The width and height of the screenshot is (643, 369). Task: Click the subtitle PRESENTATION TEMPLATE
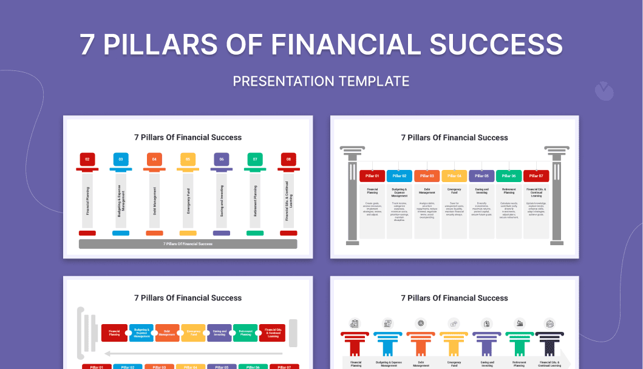point(321,81)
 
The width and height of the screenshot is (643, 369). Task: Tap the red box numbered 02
point(87,160)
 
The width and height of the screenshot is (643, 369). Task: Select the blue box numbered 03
point(121,160)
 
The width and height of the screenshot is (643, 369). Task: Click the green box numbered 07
point(255,160)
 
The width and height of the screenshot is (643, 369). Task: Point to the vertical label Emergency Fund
point(188,201)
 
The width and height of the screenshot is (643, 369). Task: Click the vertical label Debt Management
point(155,201)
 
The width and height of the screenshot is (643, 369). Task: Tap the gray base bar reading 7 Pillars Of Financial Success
point(188,244)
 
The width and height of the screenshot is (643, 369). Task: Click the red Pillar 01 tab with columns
point(372,176)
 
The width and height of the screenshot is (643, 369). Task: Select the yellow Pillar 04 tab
point(454,176)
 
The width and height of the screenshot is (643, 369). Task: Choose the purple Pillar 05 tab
point(481,176)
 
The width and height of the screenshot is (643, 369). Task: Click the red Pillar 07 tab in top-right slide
point(536,176)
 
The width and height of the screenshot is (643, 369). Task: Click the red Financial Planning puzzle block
point(114,333)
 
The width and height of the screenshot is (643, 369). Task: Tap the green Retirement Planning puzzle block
point(245,333)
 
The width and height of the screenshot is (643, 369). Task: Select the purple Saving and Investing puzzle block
point(219,333)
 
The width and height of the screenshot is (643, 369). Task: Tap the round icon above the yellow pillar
point(454,323)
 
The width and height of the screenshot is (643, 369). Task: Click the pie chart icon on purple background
point(604,91)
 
